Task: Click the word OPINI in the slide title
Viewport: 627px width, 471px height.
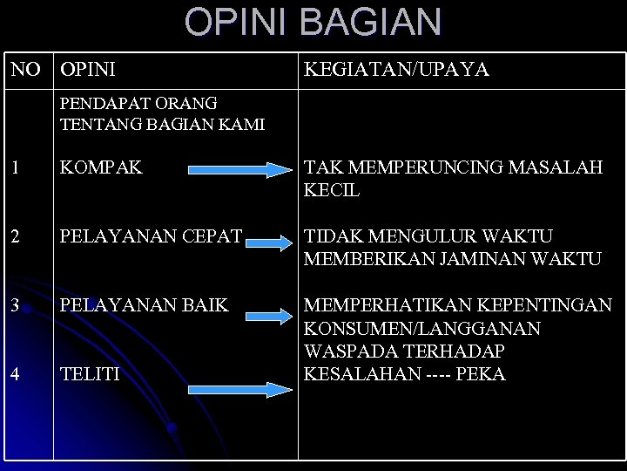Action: (228, 22)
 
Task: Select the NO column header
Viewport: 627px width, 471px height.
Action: (27, 69)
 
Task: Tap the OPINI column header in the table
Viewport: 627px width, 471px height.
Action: (88, 69)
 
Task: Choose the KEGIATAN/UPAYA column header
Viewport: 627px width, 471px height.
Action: (396, 69)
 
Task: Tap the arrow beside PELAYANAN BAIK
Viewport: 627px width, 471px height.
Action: (265, 309)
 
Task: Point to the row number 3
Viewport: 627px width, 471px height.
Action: (15, 306)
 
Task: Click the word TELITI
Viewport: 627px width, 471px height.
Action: (91, 375)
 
